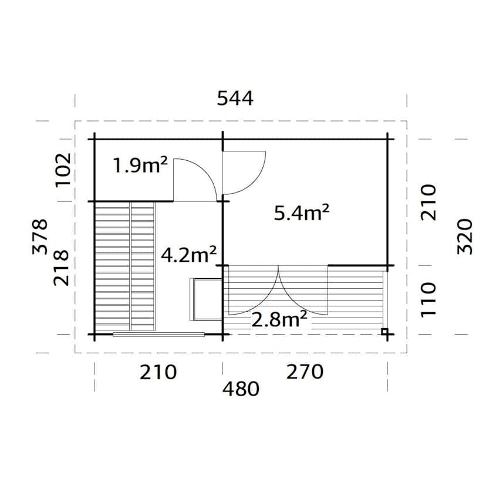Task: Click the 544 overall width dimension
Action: coord(235,98)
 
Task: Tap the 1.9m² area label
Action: coord(140,166)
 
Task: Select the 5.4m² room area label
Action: coord(301,212)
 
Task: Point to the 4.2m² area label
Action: coord(189,255)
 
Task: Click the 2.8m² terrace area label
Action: coord(279,319)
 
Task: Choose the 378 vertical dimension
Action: coord(39,236)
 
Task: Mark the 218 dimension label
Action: coord(63,267)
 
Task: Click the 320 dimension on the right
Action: coord(464,236)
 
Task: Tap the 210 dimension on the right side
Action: coord(430,202)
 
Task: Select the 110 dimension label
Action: coord(430,298)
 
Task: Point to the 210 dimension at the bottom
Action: coord(158,372)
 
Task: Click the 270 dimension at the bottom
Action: coord(304,372)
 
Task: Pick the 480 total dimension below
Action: coord(241,389)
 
